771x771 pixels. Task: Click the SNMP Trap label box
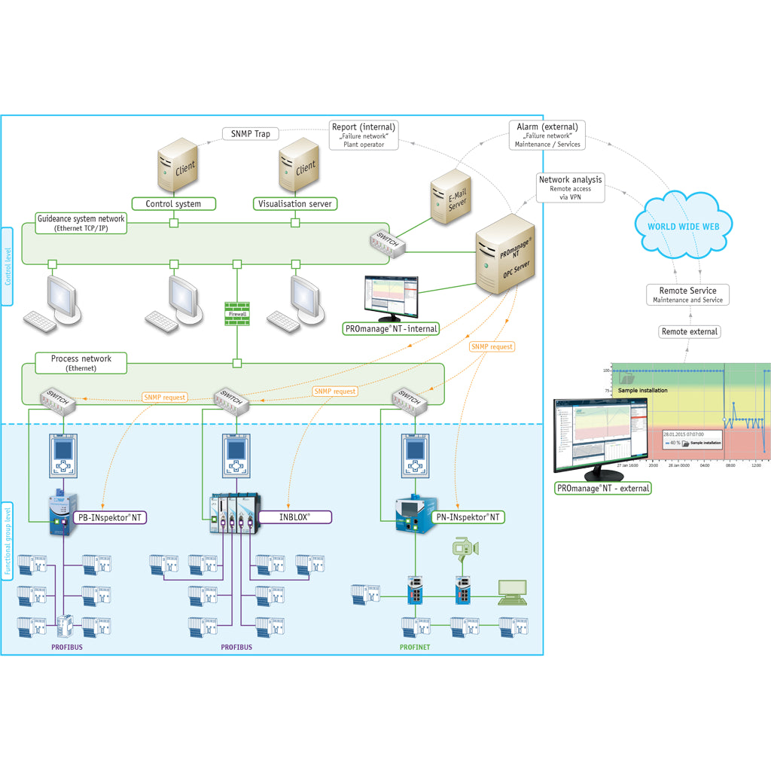tap(250, 134)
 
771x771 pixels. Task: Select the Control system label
tap(173, 203)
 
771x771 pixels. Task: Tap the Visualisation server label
tap(294, 203)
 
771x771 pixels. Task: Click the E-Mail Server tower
tap(452, 196)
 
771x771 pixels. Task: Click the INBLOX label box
tap(295, 517)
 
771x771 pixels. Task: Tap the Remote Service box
tap(687, 294)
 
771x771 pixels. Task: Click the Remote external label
tap(689, 331)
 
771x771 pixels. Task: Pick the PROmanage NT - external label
tap(603, 488)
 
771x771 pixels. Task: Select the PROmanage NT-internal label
tap(390, 328)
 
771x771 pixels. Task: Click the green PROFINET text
tap(414, 647)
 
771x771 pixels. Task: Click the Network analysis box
tap(570, 187)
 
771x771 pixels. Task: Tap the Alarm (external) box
tap(547, 135)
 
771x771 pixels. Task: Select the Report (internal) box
tap(364, 135)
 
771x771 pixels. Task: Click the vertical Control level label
tap(8, 267)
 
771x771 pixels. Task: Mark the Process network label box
tap(81, 363)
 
